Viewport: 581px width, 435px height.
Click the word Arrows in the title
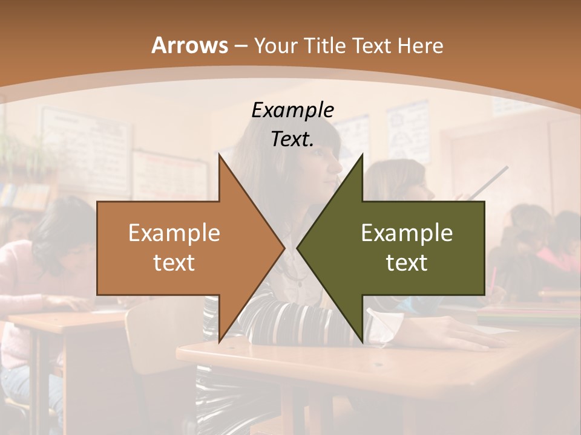point(190,45)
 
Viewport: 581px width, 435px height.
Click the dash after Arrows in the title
point(240,47)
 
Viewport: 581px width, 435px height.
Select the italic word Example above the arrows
point(292,111)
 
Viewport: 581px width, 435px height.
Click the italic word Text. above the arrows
point(292,139)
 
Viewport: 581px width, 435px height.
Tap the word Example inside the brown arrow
point(174,233)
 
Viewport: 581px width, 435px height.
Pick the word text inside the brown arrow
point(174,262)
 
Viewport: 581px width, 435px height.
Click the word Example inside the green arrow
point(407,233)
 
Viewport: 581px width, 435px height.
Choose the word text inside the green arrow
point(407,262)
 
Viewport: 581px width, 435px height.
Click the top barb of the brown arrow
point(220,158)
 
